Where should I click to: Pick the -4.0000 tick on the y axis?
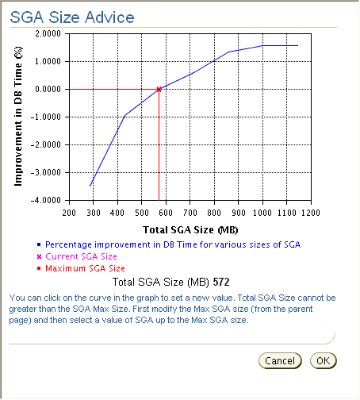(48, 201)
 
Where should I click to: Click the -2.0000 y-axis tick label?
(48, 145)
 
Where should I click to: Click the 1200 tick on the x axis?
(310, 213)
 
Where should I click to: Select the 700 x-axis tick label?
(190, 213)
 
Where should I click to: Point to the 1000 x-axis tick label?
(262, 213)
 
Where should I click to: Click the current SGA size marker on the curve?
(159, 89)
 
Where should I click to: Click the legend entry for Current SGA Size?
(81, 256)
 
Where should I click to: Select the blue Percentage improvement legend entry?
(173, 244)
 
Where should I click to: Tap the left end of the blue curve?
(91, 186)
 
